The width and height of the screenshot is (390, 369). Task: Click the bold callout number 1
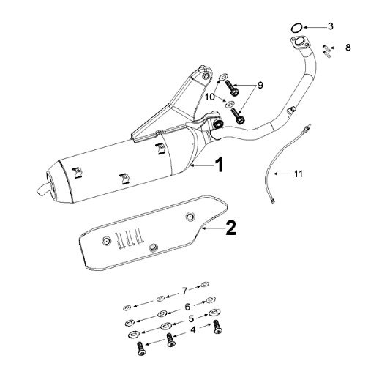[219, 165]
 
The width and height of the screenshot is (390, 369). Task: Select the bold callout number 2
[230, 228]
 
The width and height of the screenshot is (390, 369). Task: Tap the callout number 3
[330, 26]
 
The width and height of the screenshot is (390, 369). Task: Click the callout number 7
[185, 291]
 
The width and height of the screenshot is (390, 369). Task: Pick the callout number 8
[348, 48]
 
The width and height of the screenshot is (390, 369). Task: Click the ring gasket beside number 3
[296, 27]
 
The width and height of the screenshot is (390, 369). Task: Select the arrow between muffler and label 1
[198, 167]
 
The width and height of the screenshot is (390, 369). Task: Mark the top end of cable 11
[310, 127]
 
